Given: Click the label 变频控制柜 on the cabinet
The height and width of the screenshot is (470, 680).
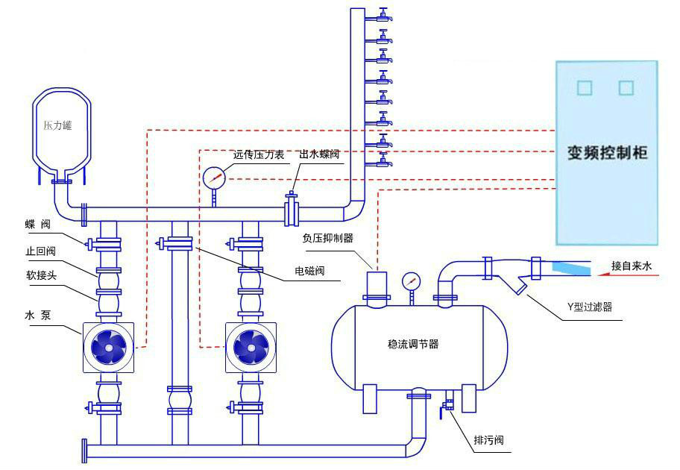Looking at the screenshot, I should [608, 154].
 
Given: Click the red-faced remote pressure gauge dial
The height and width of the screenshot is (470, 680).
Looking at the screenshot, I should [213, 177].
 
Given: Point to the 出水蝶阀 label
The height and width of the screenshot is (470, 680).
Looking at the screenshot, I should [320, 155].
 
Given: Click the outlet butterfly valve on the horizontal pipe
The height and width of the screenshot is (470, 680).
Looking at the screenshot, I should [292, 210].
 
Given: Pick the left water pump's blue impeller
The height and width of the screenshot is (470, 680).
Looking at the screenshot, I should [109, 345].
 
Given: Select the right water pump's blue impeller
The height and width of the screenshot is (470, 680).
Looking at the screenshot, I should [251, 345].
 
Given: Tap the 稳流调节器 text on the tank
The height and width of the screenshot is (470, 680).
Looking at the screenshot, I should [413, 344].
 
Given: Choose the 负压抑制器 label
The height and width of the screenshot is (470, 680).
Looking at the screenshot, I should [327, 238].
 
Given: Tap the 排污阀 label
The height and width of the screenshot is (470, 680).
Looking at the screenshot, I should [488, 440].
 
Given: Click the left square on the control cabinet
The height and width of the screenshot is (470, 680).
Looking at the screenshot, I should [585, 88].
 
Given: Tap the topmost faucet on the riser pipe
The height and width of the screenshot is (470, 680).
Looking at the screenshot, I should [383, 14].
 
